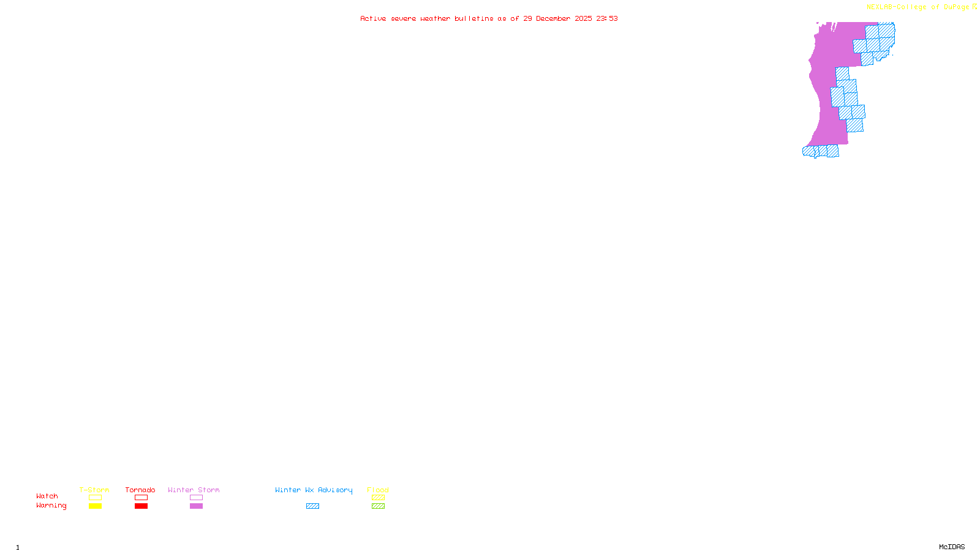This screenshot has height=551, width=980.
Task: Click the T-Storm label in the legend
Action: [x=94, y=490]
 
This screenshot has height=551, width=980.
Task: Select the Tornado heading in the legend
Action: [x=140, y=490]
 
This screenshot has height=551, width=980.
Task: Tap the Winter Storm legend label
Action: [x=194, y=490]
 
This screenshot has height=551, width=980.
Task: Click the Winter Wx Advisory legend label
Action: [x=314, y=490]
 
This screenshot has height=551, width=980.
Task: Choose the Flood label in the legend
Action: [x=378, y=490]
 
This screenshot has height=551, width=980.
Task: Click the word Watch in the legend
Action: [x=47, y=496]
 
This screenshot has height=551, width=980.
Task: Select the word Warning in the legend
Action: [x=51, y=506]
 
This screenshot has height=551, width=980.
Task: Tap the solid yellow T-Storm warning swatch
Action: [x=95, y=506]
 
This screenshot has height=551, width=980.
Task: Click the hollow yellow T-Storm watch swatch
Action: [x=95, y=498]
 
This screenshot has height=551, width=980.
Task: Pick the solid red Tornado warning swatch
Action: [x=141, y=506]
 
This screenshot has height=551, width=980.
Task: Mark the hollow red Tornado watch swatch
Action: [x=141, y=498]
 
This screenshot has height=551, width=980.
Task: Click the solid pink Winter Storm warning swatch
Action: [x=196, y=506]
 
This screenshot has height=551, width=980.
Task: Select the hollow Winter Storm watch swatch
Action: [x=196, y=498]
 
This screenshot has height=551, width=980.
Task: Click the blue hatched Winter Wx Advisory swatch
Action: [x=312, y=506]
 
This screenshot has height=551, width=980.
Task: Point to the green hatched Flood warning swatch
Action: [x=378, y=506]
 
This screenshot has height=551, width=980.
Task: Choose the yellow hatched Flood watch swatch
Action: [x=378, y=498]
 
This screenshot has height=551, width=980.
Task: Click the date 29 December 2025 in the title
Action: [x=557, y=18]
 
